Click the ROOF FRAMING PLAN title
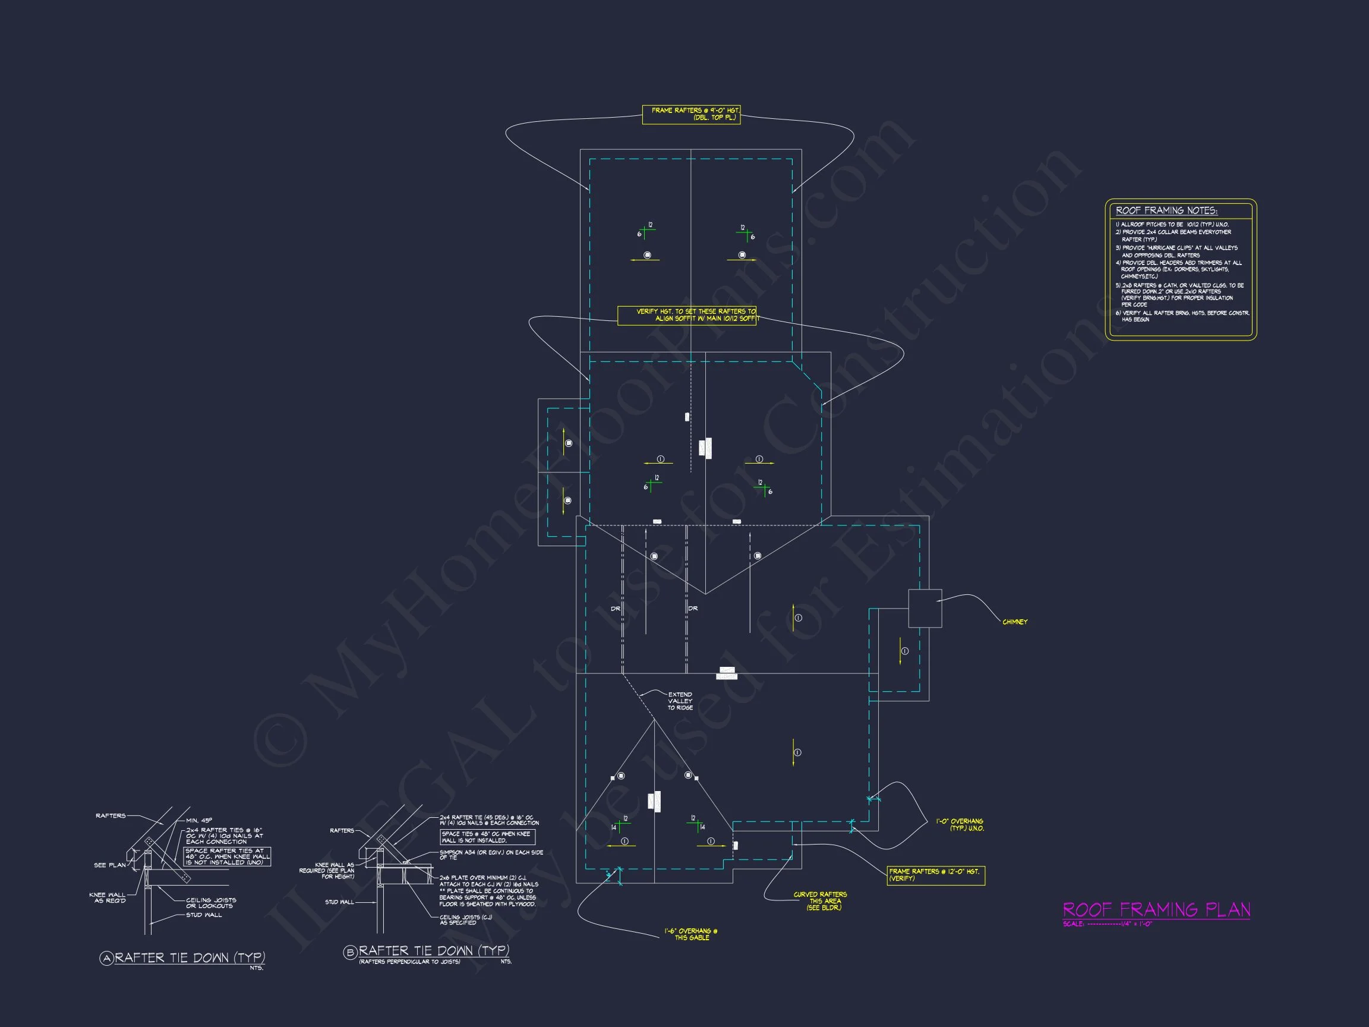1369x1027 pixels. click(1156, 909)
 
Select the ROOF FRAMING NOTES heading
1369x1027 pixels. click(1166, 210)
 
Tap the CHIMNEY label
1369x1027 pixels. click(1014, 622)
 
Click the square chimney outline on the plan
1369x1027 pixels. click(925, 608)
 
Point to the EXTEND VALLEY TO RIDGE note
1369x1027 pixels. click(680, 701)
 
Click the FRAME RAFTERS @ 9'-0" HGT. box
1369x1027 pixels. click(691, 115)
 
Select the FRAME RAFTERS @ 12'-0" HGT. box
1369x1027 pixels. click(935, 875)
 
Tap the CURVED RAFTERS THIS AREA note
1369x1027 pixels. click(820, 901)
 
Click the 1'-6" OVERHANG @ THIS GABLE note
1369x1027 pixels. click(690, 934)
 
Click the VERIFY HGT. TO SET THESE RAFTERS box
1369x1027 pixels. click(687, 315)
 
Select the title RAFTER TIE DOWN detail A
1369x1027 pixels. click(190, 957)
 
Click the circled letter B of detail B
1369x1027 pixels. click(351, 953)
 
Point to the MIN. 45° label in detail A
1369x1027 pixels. click(198, 820)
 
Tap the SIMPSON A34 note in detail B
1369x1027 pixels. click(491, 855)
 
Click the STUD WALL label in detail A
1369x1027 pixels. click(204, 915)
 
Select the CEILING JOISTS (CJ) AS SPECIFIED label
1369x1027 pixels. click(465, 920)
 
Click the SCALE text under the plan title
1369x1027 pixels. click(1107, 924)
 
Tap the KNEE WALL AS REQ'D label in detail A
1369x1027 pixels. click(107, 897)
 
